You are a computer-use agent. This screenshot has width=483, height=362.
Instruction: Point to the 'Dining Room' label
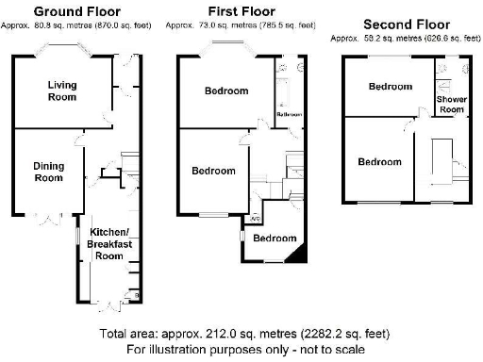pos(49,172)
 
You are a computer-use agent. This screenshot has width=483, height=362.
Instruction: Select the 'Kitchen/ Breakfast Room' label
pos(104,242)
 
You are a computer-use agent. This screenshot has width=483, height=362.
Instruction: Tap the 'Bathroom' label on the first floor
pos(288,114)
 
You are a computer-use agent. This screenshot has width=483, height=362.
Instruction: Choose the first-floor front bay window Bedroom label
pos(226,91)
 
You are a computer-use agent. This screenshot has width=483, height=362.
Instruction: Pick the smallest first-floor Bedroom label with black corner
pos(275,238)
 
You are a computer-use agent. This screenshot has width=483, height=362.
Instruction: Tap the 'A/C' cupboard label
pos(254,220)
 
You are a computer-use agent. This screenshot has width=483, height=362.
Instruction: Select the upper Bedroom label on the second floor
pos(390,87)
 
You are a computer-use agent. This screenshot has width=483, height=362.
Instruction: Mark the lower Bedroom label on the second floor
pos(379,162)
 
